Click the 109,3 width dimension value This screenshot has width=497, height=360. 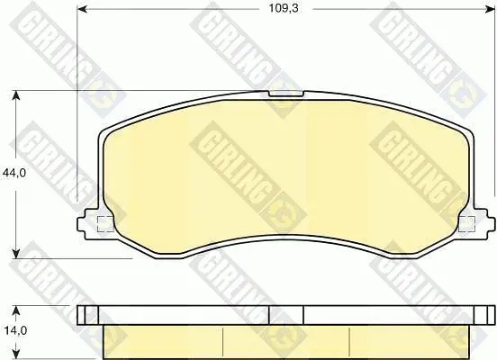tap(284, 8)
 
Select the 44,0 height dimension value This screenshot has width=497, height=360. tap(14, 173)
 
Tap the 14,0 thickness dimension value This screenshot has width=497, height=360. tap(15, 331)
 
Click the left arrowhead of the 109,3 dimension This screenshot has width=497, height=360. tap(83, 9)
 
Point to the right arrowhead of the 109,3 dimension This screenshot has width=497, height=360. tap(490, 9)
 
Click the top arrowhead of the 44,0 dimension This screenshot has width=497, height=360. tap(16, 95)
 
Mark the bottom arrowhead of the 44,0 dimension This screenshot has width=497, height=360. tap(16, 254)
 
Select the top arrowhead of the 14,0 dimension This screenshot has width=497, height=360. tap(16, 310)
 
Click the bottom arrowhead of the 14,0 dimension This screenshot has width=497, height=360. tap(16, 355)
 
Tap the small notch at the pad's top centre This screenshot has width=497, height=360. tap(286, 94)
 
